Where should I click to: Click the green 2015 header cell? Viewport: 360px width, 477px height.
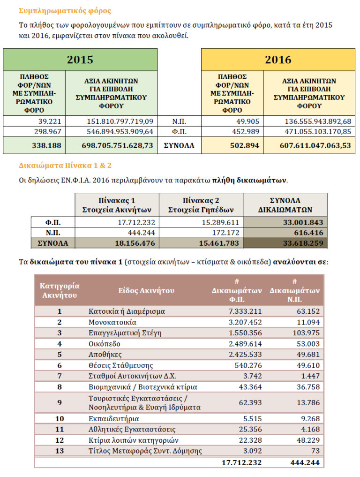click(x=80, y=60)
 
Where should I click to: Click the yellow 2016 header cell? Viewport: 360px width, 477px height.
click(x=278, y=60)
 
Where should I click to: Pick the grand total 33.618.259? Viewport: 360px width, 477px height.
click(x=303, y=243)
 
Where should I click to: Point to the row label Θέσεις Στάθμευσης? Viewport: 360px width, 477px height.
click(x=120, y=365)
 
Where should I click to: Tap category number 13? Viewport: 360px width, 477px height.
click(x=60, y=451)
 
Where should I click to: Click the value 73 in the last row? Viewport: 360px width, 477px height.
click(x=315, y=451)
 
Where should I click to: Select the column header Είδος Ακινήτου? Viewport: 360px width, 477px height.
click(x=146, y=291)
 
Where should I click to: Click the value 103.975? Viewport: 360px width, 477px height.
click(x=305, y=333)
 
